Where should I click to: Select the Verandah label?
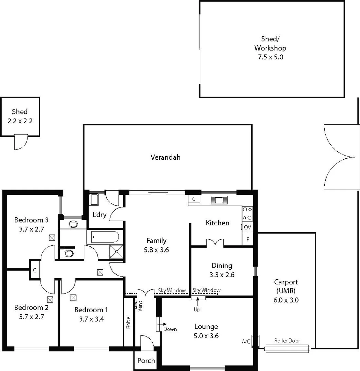tap(165, 157)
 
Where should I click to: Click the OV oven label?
tap(247, 227)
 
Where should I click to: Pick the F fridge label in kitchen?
tap(248, 239)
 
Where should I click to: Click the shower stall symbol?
tap(116, 251)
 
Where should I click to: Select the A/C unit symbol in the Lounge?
tap(255, 341)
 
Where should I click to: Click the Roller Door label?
tap(287, 341)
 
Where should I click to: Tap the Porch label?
tap(146, 361)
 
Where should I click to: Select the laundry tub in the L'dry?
tap(94, 200)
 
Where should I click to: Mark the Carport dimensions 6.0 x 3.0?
tap(286, 300)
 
